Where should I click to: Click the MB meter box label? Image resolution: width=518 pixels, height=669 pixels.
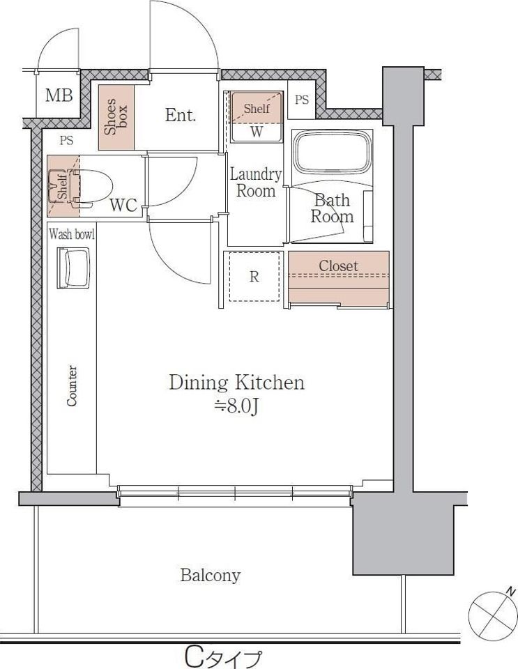click(59, 95)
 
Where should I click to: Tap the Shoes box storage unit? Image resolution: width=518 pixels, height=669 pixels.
click(116, 117)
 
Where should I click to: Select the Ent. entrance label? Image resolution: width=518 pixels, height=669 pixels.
click(181, 115)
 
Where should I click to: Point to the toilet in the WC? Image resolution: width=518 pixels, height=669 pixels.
click(90, 187)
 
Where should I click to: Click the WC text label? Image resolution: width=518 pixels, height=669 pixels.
click(123, 205)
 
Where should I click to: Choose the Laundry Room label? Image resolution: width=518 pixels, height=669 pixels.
click(256, 183)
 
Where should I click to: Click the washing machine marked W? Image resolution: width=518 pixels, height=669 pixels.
click(257, 116)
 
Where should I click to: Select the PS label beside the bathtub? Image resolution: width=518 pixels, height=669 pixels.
click(302, 100)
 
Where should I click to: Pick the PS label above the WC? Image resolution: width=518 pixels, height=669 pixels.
click(66, 140)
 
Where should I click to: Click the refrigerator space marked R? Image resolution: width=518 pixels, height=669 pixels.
click(254, 277)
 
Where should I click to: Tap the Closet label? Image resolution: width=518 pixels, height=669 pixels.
click(338, 266)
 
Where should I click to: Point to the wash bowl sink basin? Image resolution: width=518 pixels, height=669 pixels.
click(73, 268)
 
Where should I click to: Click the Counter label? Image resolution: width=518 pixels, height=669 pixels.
click(72, 385)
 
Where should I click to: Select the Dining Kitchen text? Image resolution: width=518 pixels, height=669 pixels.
click(237, 383)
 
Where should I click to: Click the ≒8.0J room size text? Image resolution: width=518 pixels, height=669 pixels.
click(236, 406)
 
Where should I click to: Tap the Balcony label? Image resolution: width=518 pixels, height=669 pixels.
click(211, 575)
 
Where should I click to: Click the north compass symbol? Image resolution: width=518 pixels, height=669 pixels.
click(493, 615)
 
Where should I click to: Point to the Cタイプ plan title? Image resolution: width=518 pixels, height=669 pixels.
click(223, 657)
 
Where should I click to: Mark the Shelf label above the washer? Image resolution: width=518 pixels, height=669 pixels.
click(257, 109)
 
